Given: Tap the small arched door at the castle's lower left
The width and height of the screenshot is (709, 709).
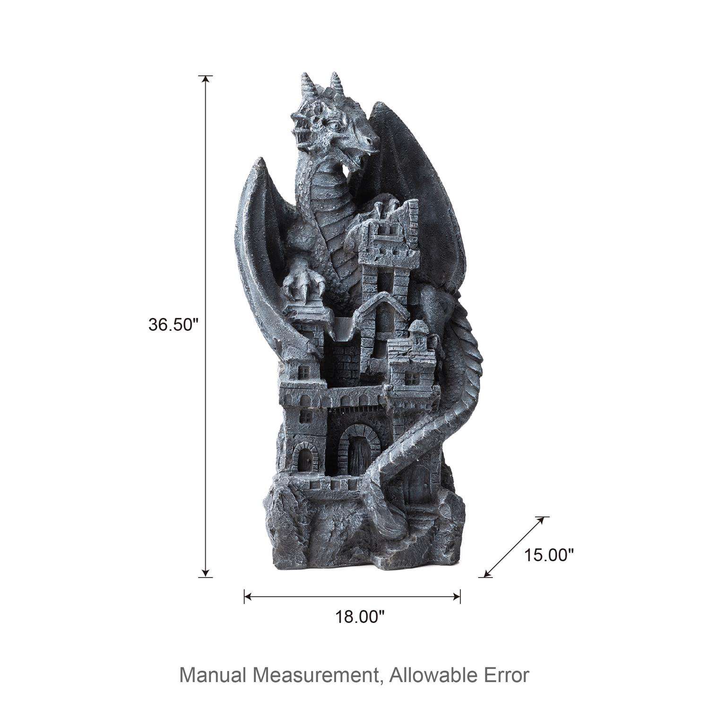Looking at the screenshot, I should click(303, 458).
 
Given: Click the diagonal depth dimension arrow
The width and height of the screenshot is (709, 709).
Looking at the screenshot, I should click(513, 547).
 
